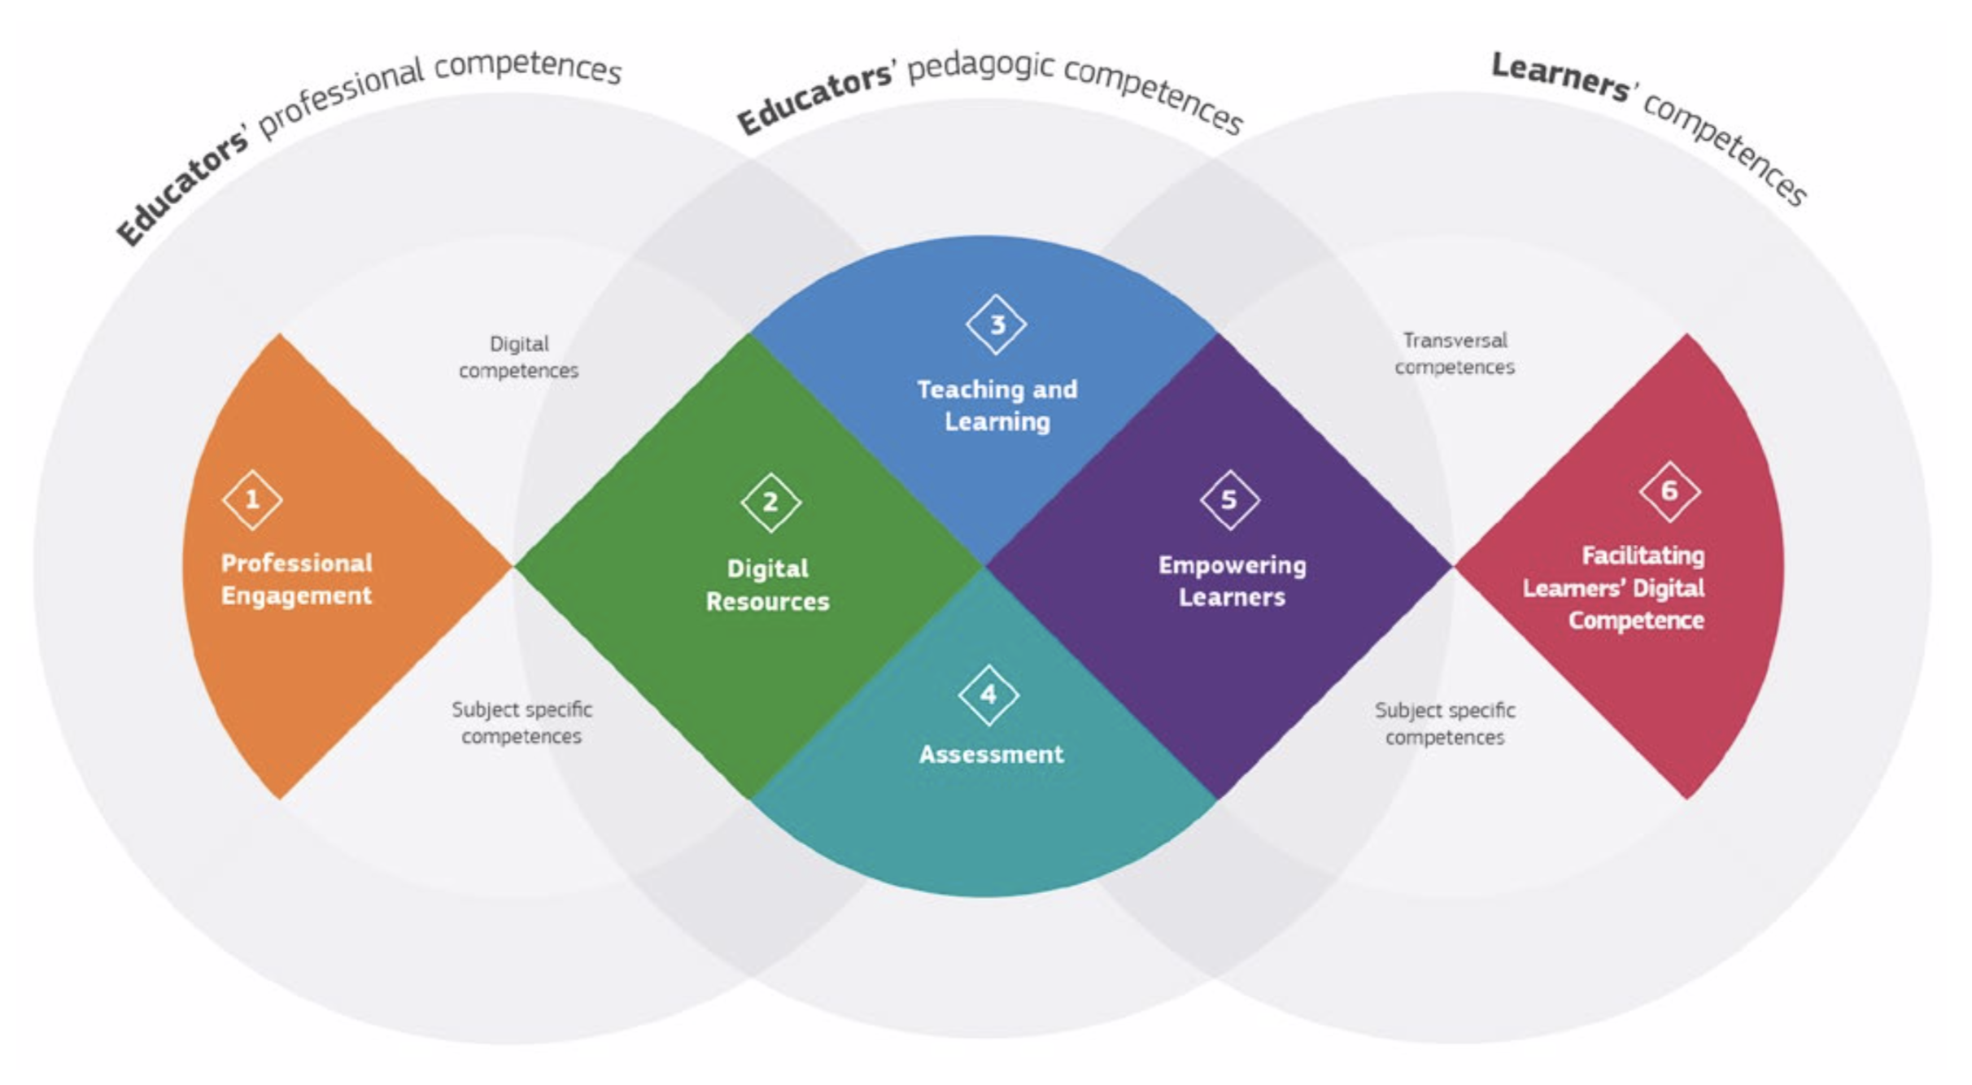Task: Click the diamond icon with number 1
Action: pos(252,499)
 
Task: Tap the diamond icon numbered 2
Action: pos(770,503)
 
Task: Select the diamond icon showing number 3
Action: pos(996,325)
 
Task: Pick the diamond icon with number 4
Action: pos(988,695)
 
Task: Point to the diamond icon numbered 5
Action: pos(1229,499)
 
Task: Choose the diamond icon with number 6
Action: pos(1669,490)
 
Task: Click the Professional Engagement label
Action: pos(297,579)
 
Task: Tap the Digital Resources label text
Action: pos(767,585)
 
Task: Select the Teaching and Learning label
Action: pos(997,405)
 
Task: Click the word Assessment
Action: pos(991,754)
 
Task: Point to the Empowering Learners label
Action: pos(1232,581)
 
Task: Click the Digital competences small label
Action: pos(519,357)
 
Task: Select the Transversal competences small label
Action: pos(1455,354)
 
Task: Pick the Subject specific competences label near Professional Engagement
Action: pos(521,722)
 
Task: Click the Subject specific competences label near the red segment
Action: pos(1445,723)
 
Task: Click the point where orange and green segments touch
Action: pos(513,566)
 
